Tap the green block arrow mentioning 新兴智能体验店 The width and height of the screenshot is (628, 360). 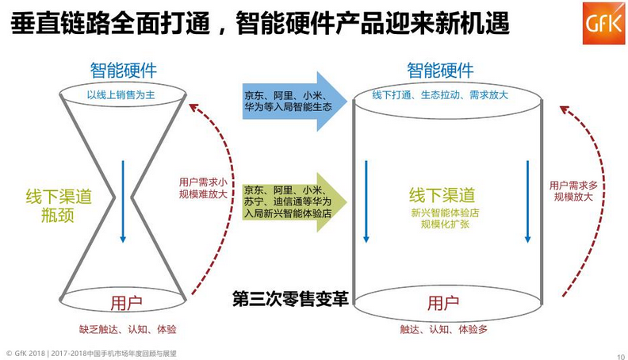tap(294, 201)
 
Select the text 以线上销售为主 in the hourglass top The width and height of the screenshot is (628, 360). tap(121, 95)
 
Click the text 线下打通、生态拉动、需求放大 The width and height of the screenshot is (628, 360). tap(440, 95)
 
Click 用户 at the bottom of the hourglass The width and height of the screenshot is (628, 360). tap(121, 301)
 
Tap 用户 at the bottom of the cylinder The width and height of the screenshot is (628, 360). tap(442, 302)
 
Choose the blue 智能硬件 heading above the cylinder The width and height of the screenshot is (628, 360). tap(441, 70)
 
